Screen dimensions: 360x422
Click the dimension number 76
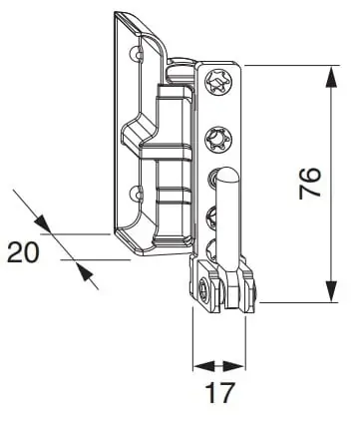click(309, 184)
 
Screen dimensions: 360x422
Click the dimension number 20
click(23, 252)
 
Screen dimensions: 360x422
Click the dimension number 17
click(219, 393)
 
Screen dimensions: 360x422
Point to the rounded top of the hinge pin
click(227, 173)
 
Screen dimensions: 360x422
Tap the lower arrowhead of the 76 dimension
click(331, 291)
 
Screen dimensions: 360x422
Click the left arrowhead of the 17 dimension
click(204, 366)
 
